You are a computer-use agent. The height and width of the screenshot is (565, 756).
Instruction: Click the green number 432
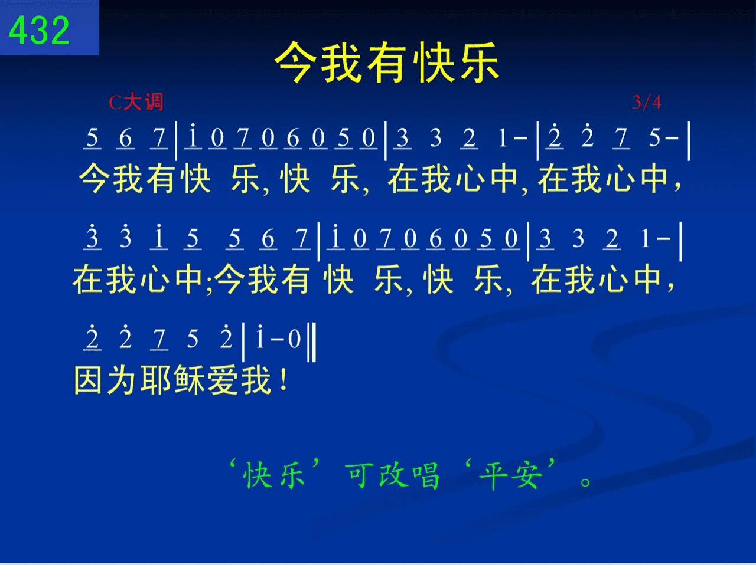[x=39, y=30]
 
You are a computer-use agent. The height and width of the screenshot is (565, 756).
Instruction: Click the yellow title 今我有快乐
[x=387, y=63]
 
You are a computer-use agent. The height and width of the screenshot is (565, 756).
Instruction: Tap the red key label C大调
[x=136, y=102]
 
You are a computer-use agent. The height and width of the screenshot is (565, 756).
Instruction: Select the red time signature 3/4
[x=647, y=102]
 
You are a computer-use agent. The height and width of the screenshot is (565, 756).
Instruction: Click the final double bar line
[x=311, y=342]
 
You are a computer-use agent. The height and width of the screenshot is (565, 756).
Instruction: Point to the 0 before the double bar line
[x=295, y=339]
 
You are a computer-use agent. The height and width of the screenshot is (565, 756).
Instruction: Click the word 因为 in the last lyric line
[x=105, y=380]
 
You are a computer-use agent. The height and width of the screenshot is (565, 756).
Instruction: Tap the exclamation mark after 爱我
[x=284, y=380]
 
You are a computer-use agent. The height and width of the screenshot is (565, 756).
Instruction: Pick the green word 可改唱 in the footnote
[x=393, y=476]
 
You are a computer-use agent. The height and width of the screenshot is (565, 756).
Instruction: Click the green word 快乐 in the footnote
[x=274, y=476]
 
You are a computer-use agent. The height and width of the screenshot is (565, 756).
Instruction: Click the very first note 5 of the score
[x=92, y=137]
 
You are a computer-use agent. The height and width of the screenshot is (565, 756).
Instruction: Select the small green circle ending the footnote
[x=585, y=481]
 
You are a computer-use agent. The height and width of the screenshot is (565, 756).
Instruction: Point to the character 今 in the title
[x=295, y=63]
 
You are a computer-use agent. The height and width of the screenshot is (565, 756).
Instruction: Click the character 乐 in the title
[x=480, y=63]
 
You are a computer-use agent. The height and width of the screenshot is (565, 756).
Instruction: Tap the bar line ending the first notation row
[x=689, y=141]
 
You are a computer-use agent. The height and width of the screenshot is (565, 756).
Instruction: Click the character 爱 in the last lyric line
[x=222, y=380]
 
